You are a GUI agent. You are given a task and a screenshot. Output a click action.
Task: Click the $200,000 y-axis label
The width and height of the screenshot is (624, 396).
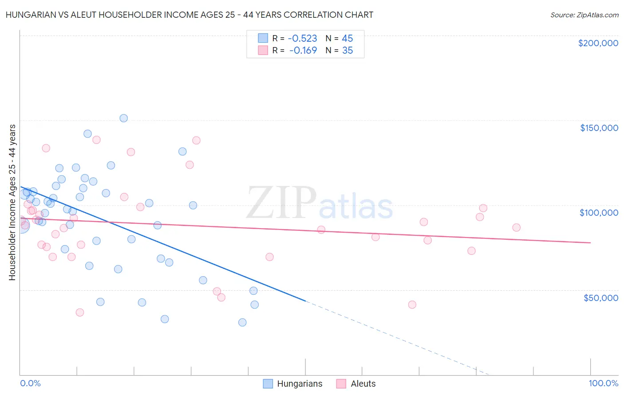[x=598, y=43]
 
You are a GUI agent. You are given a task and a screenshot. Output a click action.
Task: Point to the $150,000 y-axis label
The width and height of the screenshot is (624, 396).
[x=599, y=128]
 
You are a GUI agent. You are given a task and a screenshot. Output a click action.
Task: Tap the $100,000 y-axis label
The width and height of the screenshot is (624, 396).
[x=599, y=213]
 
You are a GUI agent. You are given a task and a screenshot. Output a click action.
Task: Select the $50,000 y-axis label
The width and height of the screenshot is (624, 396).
[x=600, y=298]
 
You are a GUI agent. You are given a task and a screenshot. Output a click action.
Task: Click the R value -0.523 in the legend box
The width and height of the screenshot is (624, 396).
[x=302, y=39]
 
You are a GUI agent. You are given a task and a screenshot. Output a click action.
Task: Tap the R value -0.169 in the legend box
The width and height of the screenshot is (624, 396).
[x=303, y=51]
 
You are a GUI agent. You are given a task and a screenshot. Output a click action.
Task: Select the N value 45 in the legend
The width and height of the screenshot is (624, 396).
[x=347, y=39]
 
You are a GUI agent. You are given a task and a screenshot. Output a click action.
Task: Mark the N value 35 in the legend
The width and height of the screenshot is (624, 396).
[x=347, y=51]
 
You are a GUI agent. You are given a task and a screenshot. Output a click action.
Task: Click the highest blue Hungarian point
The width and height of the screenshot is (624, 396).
[x=124, y=118]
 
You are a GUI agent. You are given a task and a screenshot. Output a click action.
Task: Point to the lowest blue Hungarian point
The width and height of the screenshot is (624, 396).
[x=242, y=322]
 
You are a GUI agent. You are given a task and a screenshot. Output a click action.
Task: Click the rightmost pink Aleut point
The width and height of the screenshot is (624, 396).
[x=516, y=227]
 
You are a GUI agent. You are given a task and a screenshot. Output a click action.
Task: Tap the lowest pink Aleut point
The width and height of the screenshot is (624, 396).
[x=80, y=312]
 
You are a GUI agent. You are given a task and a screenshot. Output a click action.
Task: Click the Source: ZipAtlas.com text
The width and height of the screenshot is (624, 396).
[x=584, y=15]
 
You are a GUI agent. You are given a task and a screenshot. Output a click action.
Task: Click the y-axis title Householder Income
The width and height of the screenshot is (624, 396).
[x=12, y=202]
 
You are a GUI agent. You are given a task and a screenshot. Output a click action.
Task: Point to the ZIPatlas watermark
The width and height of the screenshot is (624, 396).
[x=320, y=204]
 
